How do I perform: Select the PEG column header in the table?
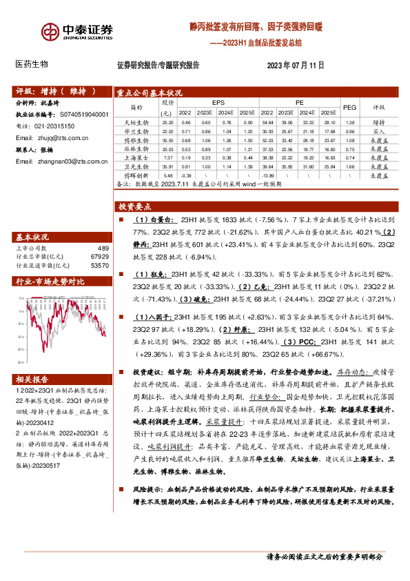(350, 108)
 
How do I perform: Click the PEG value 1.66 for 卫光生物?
(350, 167)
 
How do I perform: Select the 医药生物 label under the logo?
(32, 63)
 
